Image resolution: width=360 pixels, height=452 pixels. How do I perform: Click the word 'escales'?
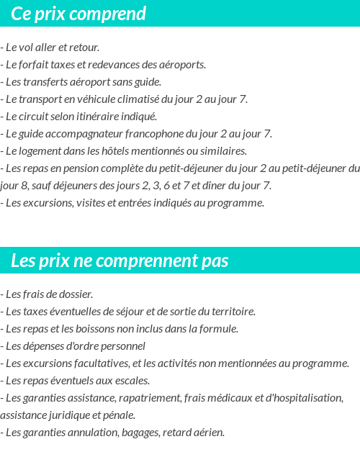click(x=130, y=381)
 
